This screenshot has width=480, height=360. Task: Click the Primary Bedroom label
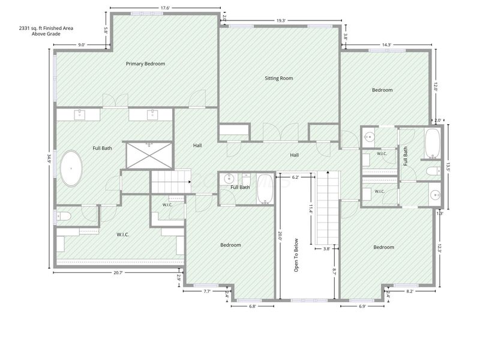145,64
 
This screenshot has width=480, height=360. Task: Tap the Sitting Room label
279,78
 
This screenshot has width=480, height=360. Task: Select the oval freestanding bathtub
71,168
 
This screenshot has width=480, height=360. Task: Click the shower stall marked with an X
149,155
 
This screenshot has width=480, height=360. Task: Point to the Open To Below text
296,255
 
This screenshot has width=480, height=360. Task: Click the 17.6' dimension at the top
165,8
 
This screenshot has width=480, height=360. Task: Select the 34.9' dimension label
49,159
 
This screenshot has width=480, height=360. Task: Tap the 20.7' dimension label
118,272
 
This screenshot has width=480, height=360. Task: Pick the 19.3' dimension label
281,20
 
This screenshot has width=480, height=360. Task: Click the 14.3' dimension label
386,44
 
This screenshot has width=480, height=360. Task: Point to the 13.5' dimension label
448,167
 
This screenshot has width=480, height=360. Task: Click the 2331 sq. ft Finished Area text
46,28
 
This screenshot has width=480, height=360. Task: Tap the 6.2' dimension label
295,177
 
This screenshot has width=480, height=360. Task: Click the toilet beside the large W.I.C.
64,217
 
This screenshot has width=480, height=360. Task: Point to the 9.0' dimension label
81,44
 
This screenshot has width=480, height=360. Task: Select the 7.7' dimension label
207,291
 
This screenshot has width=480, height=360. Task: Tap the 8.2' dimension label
410,291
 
